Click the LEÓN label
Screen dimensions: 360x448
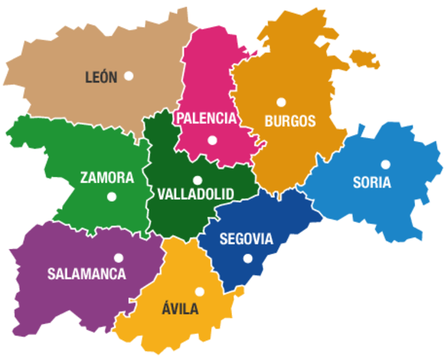pyautogui.click(x=101, y=76)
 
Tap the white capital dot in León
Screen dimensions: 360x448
pyautogui.click(x=129, y=75)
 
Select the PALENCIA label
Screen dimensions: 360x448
pyautogui.click(x=206, y=118)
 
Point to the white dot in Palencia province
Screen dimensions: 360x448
pyautogui.click(x=212, y=140)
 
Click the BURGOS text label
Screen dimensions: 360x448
pyautogui.click(x=290, y=120)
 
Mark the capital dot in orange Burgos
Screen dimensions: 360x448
pyautogui.click(x=281, y=102)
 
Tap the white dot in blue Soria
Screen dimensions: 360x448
pyautogui.click(x=385, y=164)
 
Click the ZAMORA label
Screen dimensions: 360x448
pyautogui.click(x=107, y=178)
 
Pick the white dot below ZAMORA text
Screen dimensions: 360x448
pyautogui.click(x=112, y=197)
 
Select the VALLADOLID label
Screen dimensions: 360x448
pyautogui.click(x=196, y=194)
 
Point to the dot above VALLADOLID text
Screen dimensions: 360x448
pyautogui.click(x=197, y=180)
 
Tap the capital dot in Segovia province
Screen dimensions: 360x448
pyautogui.click(x=248, y=259)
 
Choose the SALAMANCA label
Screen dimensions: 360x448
pyautogui.click(x=86, y=274)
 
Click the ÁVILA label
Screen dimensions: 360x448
pyautogui.click(x=180, y=308)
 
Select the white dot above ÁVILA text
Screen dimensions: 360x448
pyautogui.click(x=199, y=292)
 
